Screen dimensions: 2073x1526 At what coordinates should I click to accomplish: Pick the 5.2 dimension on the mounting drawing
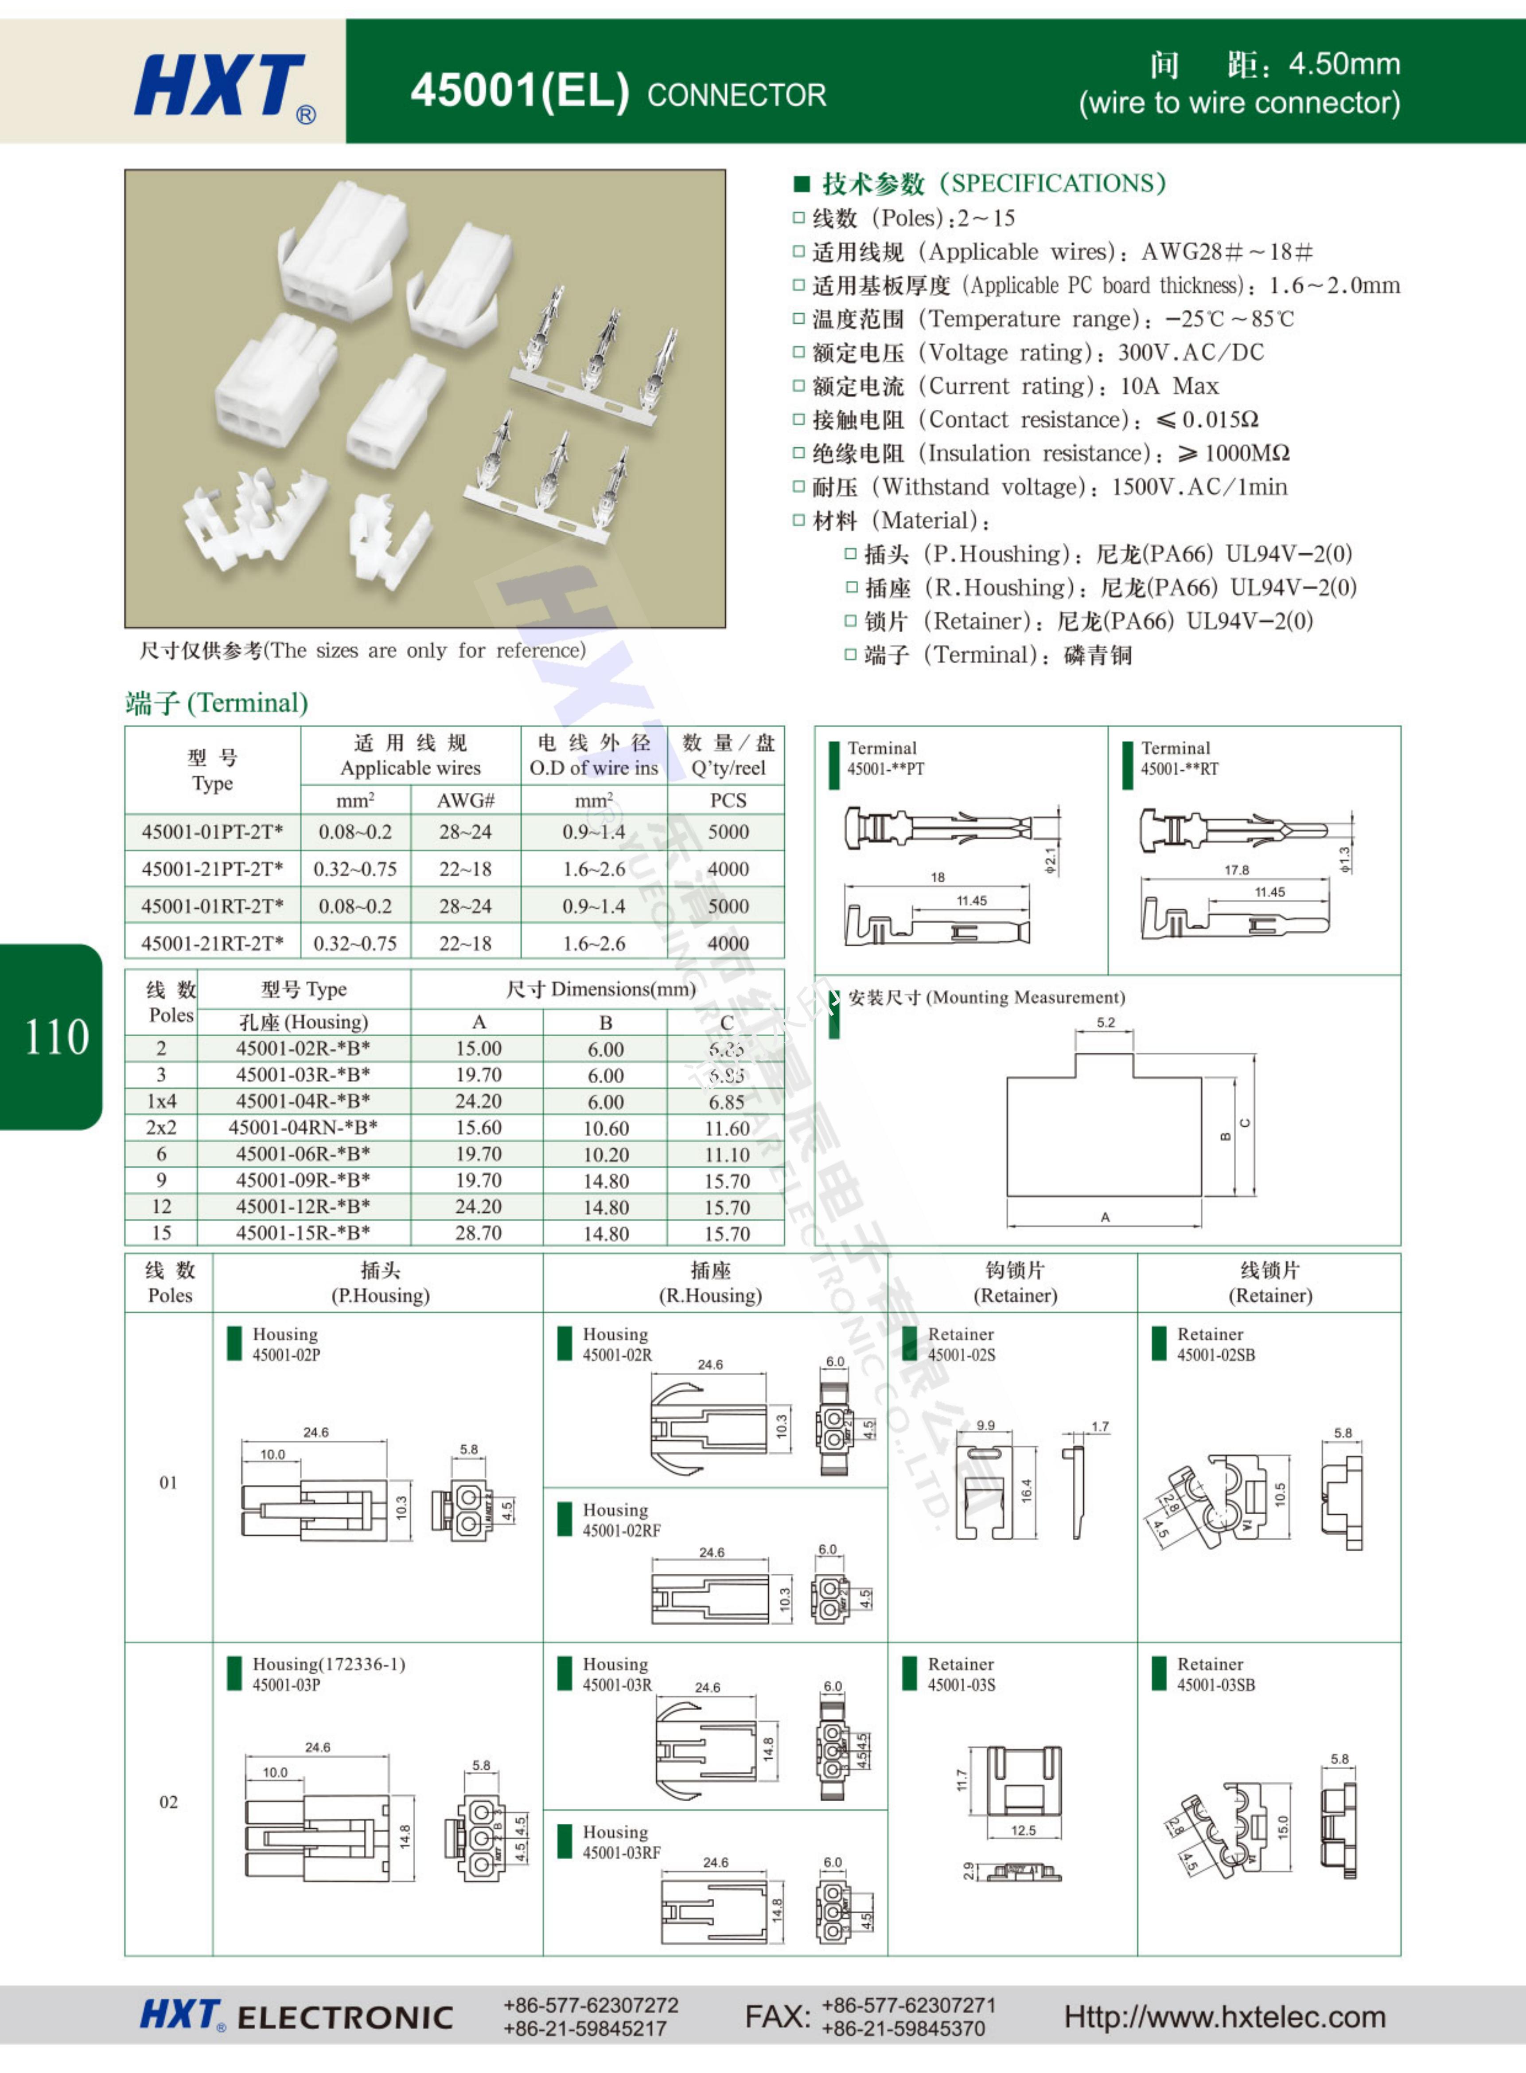tap(1106, 1022)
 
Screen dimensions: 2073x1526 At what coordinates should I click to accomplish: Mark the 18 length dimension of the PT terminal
tap(938, 877)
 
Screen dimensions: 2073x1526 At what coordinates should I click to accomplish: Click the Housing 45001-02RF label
tap(621, 1520)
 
